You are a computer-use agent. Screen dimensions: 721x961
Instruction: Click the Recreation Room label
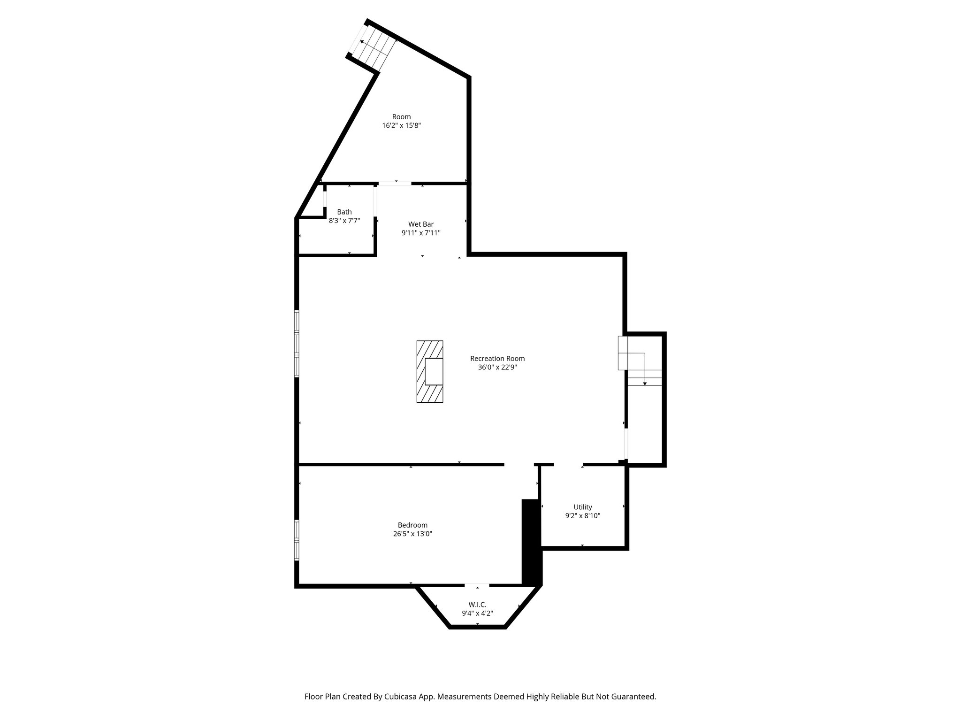click(497, 359)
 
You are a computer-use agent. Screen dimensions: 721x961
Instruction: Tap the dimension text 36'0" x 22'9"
click(497, 368)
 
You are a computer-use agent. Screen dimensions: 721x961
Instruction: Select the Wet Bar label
click(421, 224)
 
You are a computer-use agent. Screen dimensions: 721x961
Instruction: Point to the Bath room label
click(344, 212)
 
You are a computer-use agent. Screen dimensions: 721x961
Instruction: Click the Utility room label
click(583, 507)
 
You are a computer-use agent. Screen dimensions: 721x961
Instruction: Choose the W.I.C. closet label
click(477, 605)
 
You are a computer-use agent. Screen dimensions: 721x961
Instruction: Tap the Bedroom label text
click(412, 525)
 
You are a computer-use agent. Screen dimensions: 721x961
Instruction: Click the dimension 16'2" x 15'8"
click(401, 126)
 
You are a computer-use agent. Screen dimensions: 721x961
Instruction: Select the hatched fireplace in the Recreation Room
click(429, 371)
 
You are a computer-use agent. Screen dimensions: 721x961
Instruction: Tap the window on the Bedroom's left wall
click(297, 540)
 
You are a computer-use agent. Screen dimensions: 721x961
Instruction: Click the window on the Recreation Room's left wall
click(297, 343)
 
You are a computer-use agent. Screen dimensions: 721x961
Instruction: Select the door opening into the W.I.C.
click(477, 585)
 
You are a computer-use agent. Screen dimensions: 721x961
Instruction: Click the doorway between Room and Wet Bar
click(395, 184)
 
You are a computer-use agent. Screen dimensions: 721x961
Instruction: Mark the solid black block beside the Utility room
click(532, 542)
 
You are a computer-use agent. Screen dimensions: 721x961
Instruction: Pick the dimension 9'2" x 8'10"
click(583, 516)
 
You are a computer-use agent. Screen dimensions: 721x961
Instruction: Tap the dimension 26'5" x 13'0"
click(412, 534)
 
